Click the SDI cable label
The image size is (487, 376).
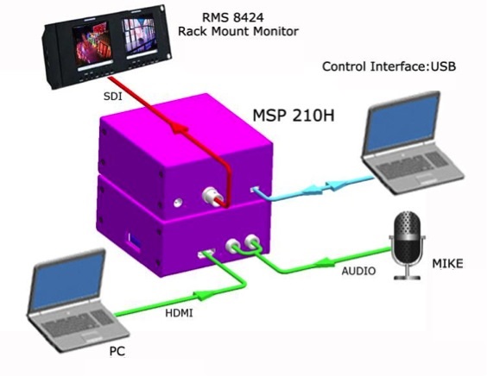pyautogui.click(x=113, y=97)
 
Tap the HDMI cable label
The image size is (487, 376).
pyautogui.click(x=179, y=313)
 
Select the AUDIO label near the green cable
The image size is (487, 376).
pyautogui.click(x=358, y=271)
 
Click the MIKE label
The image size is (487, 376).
pyautogui.click(x=447, y=264)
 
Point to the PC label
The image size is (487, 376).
pyautogui.click(x=117, y=351)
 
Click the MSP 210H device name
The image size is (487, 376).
pyautogui.click(x=294, y=116)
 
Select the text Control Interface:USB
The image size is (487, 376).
pyautogui.click(x=389, y=66)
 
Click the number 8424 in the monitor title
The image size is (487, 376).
pyautogui.click(x=248, y=17)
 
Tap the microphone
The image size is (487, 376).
pyautogui.click(x=408, y=245)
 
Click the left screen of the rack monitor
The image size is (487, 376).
pyautogui.click(x=92, y=42)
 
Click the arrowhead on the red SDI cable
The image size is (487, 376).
pyautogui.click(x=180, y=128)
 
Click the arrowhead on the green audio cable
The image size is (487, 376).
pyautogui.click(x=325, y=263)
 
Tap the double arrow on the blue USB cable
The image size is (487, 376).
pyautogui.click(x=326, y=187)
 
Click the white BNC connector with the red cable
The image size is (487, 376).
pyautogui.click(x=211, y=196)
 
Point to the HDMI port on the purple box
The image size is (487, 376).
pyautogui.click(x=206, y=254)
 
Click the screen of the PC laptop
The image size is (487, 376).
pyautogui.click(x=67, y=281)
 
